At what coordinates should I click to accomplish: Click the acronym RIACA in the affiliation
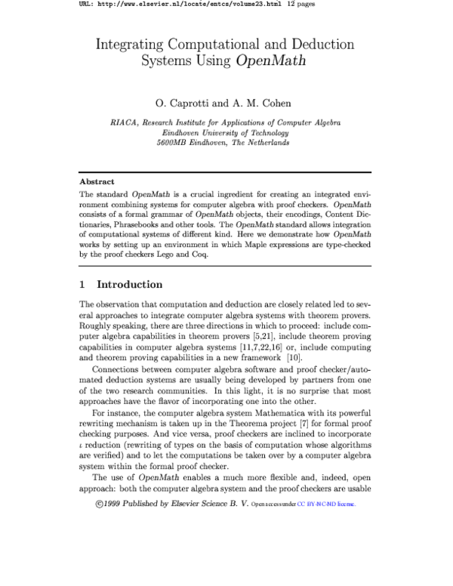coord(124,122)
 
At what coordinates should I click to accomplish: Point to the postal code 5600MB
coord(175,141)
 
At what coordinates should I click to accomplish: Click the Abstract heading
coord(97,181)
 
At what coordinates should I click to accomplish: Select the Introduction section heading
coord(130,285)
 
